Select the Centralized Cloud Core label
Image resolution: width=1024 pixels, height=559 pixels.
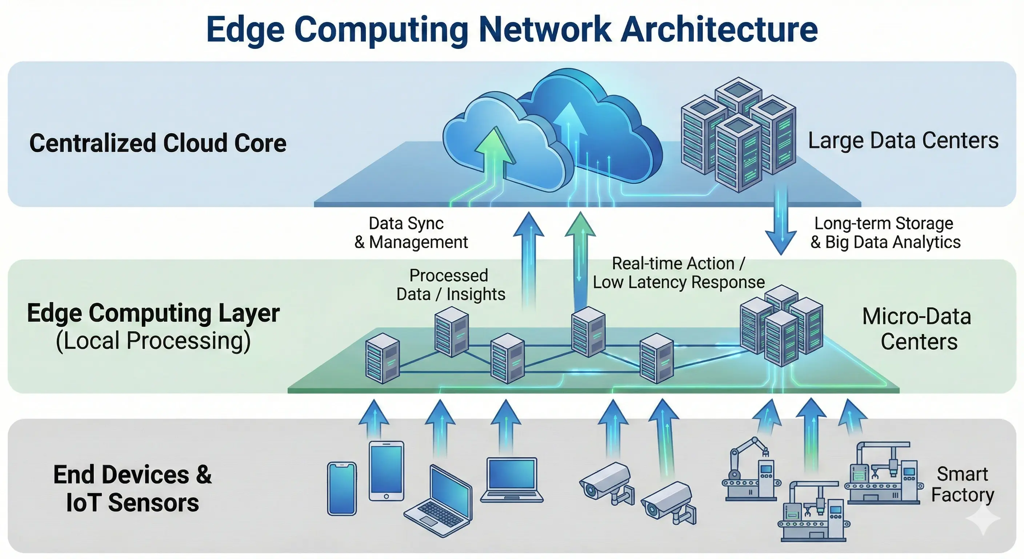tap(158, 143)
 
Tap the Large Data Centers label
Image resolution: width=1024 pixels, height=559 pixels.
tap(903, 141)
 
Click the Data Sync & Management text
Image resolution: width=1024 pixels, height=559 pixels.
tap(411, 233)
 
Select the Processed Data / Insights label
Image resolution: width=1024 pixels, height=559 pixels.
tap(451, 285)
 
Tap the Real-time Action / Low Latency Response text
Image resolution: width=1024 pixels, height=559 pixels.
tap(679, 273)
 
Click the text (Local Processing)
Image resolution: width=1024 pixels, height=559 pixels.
tap(153, 341)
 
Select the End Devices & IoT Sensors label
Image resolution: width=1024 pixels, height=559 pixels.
tap(132, 488)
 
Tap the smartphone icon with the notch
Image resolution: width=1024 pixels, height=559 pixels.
tap(341, 488)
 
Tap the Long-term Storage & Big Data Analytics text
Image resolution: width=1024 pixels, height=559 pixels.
tap(885, 233)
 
